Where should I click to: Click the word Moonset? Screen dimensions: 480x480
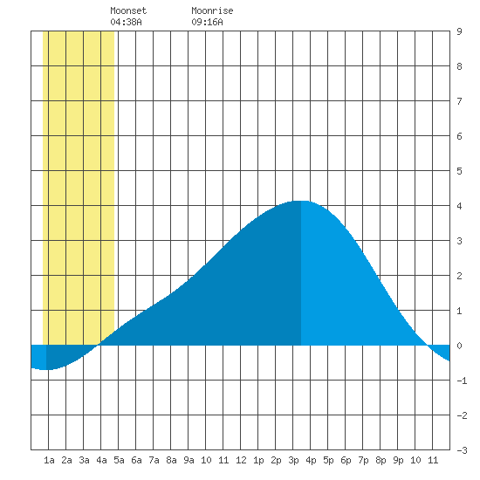128,10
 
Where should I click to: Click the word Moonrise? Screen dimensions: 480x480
212,10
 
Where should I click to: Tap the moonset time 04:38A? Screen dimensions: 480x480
126,22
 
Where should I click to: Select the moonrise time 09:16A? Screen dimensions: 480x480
207,22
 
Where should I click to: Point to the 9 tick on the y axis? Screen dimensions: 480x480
459,31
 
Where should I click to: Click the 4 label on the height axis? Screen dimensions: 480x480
459,206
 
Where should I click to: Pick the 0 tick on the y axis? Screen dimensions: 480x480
459,346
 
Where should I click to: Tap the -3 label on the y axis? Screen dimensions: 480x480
462,450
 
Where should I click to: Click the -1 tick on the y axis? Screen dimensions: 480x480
462,381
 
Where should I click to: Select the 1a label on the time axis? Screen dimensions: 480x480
49,460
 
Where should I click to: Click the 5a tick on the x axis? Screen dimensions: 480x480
119,460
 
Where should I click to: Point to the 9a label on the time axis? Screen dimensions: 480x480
189,460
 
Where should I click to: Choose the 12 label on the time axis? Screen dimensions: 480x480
241,460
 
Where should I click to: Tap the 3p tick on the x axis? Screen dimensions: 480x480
293,460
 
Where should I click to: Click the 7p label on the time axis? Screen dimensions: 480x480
363,460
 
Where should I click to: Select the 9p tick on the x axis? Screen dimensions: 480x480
398,460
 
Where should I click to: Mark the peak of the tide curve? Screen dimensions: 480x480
301,201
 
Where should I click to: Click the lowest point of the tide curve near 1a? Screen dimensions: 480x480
46,369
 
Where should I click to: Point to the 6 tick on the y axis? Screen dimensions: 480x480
459,136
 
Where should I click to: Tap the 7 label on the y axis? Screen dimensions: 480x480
459,101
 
